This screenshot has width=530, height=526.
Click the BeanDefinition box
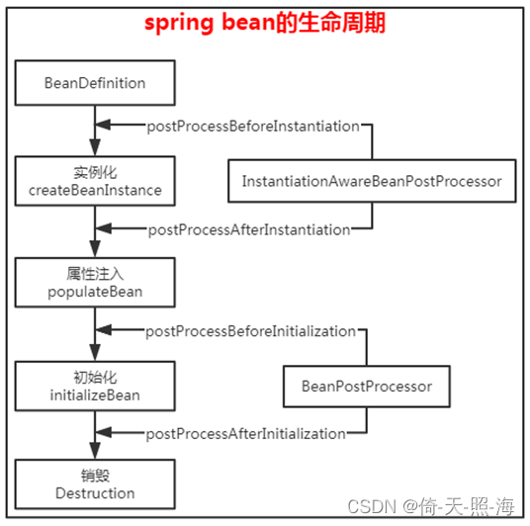pyautogui.click(x=94, y=82)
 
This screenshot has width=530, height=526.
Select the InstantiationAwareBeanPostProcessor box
pyautogui.click(x=372, y=181)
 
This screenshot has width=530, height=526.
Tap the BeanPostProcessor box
pyautogui.click(x=367, y=385)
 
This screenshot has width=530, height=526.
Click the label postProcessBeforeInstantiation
pyautogui.click(x=253, y=127)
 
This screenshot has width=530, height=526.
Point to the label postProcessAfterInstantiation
pyautogui.click(x=249, y=229)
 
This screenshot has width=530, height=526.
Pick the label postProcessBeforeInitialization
pyautogui.click(x=250, y=331)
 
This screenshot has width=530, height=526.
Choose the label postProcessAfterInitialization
pyautogui.click(x=246, y=434)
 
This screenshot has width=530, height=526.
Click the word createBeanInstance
pyautogui.click(x=96, y=190)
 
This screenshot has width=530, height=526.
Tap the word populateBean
pyautogui.click(x=95, y=292)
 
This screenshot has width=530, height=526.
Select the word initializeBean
pyautogui.click(x=94, y=394)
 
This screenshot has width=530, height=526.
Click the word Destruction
pyautogui.click(x=95, y=492)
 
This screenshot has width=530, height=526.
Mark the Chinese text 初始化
pyautogui.click(x=95, y=378)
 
